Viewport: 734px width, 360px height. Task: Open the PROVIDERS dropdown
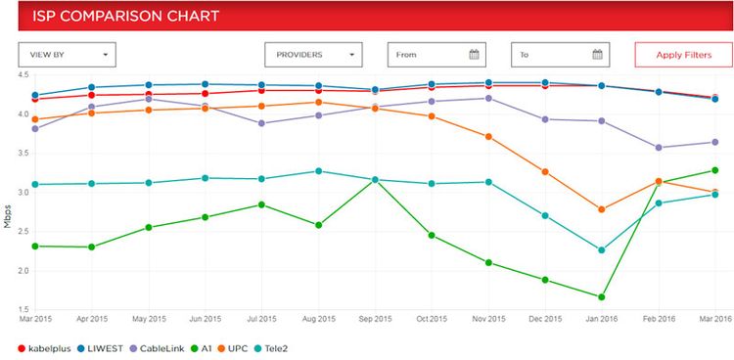tap(313, 55)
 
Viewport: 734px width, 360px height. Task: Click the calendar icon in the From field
tap(474, 55)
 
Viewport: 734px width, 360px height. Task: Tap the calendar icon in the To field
tap(597, 55)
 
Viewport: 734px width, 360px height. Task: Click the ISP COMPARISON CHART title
tap(113, 17)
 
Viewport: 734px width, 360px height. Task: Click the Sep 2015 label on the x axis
tap(376, 318)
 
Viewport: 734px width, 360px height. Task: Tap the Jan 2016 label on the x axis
tap(601, 318)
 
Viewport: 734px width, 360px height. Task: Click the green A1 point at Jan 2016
tap(601, 296)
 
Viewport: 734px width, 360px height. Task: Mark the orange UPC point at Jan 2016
tap(601, 209)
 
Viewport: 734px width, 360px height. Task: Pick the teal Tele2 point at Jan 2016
tap(601, 249)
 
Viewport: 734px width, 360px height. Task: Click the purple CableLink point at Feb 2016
tap(658, 148)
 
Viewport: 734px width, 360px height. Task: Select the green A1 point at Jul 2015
tap(261, 204)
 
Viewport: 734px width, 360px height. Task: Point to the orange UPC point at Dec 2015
tap(545, 172)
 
